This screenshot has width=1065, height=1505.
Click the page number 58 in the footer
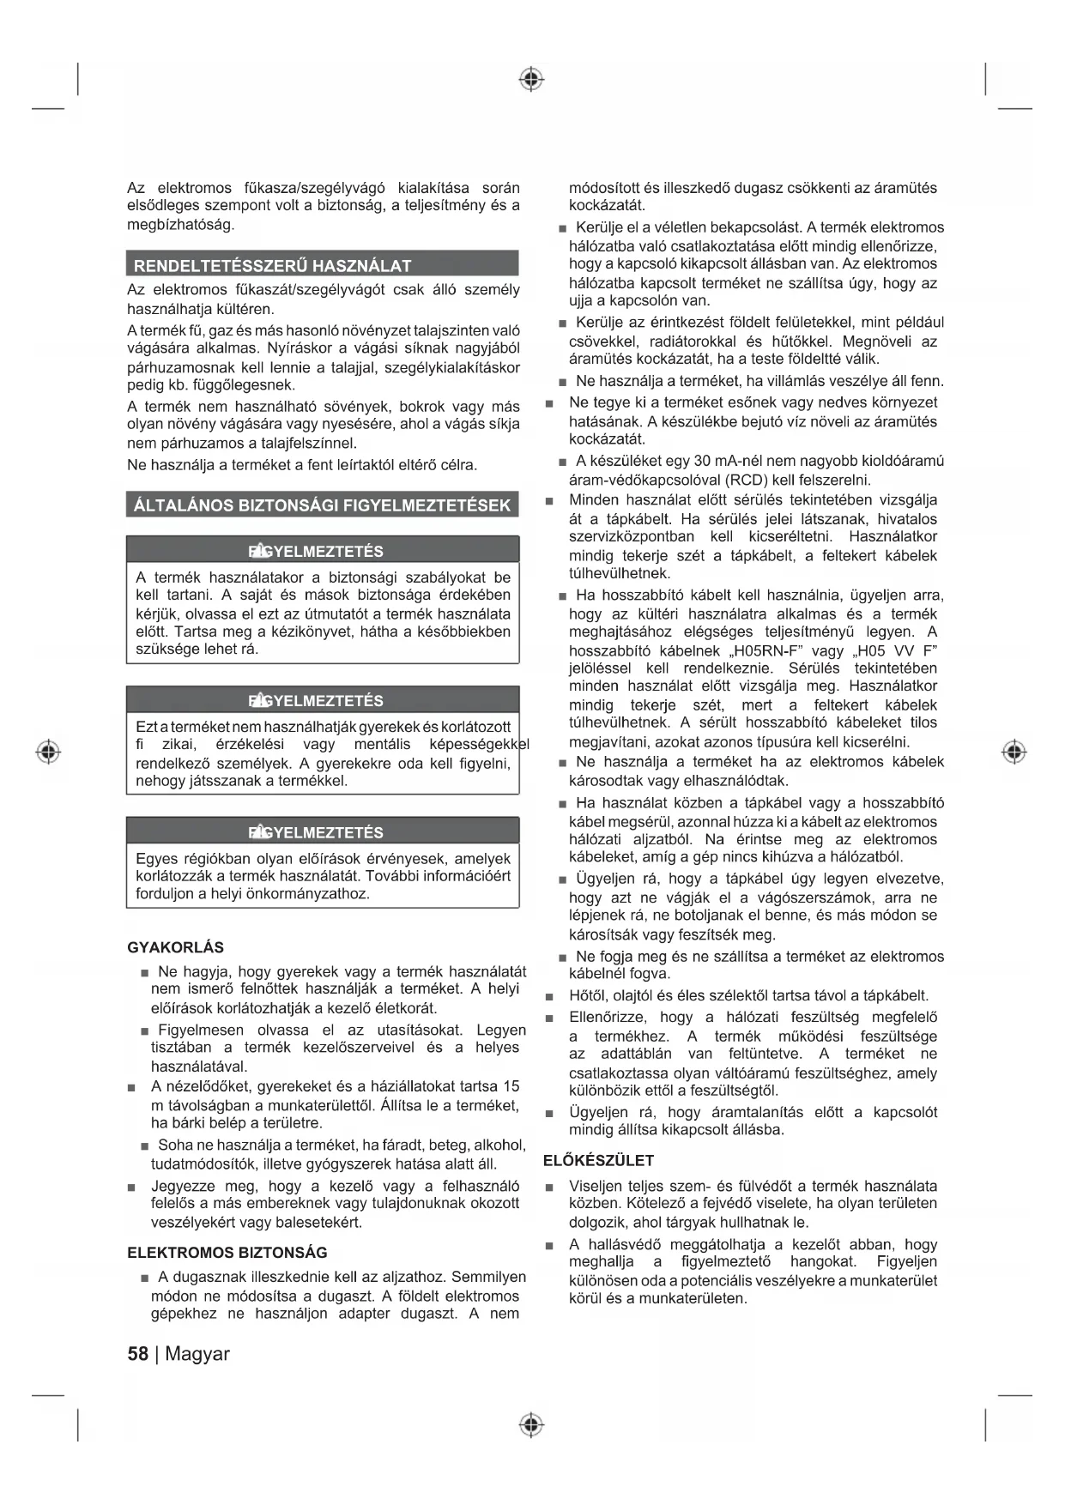[137, 1353]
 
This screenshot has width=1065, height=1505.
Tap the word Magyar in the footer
[197, 1353]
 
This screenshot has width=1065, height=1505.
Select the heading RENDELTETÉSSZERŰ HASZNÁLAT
[272, 265]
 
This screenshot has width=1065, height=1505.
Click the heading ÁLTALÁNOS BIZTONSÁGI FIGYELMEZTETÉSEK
[322, 505]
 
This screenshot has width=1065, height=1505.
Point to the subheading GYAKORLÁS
[175, 947]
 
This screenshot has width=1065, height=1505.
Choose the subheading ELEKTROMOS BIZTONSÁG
[227, 1252]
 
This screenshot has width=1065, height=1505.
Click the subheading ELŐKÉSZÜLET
[598, 1160]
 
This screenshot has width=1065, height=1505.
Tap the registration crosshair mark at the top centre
[532, 80]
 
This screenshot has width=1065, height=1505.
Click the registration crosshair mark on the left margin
[49, 752]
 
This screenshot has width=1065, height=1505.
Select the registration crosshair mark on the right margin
[1014, 752]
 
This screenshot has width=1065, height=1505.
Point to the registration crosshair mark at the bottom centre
[532, 1424]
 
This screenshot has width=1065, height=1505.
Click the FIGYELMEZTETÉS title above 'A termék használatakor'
[316, 551]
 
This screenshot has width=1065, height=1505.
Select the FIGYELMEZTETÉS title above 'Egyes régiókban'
[316, 832]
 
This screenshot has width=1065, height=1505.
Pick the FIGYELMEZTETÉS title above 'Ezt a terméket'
[316, 700]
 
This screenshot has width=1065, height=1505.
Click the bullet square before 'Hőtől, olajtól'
[550, 997]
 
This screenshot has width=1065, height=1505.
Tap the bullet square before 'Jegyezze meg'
[131, 1188]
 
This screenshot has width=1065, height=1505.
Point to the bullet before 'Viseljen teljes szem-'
[550, 1188]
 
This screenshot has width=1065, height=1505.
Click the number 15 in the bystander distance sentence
[511, 1086]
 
